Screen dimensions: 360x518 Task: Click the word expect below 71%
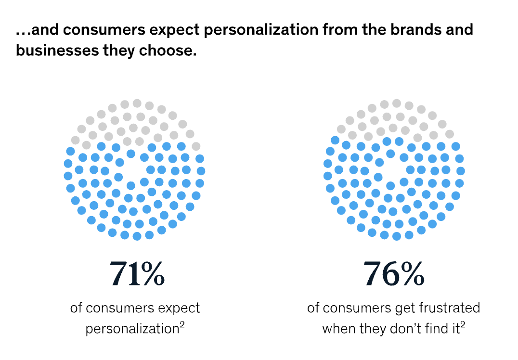pos(180,308)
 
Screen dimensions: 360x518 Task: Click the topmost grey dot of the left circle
pos(137,103)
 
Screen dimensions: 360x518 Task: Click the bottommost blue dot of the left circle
pos(137,236)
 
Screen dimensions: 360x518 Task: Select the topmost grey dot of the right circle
pos(396,103)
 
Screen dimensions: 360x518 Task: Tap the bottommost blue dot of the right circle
pos(396,236)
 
